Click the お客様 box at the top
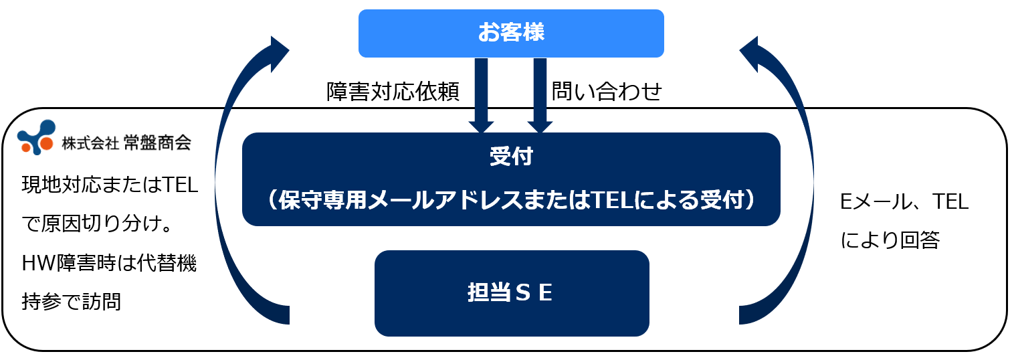(511, 33)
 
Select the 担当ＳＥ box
(512, 293)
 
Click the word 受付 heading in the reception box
(511, 156)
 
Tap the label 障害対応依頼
(393, 92)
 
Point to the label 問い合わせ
(607, 92)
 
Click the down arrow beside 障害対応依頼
(481, 95)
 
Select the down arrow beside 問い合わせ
(540, 95)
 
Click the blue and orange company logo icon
(37, 137)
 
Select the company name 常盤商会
(157, 143)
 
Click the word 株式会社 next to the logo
(90, 143)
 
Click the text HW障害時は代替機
(109, 263)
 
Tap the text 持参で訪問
(72, 302)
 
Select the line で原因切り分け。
(98, 223)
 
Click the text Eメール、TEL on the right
(904, 201)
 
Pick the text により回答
(890, 240)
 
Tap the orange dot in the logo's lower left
(26, 147)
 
